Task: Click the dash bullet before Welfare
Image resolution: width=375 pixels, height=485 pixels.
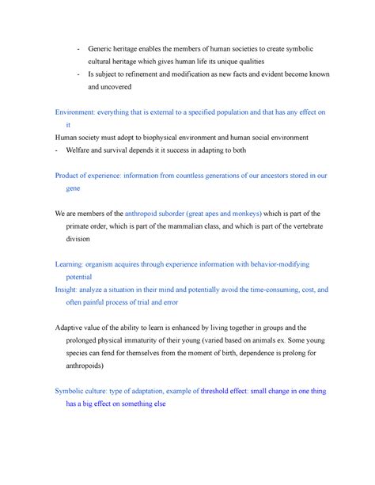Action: click(x=56, y=150)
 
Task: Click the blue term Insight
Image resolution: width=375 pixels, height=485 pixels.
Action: click(x=69, y=290)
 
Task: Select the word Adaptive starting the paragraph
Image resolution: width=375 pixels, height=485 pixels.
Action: click(x=74, y=328)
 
